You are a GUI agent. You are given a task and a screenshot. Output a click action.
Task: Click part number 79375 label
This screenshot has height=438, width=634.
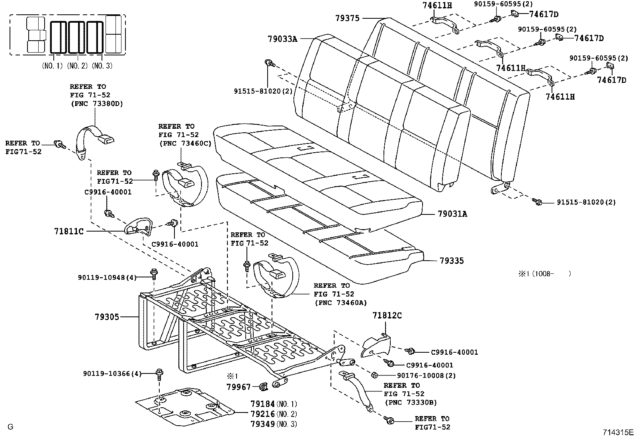[x=347, y=18]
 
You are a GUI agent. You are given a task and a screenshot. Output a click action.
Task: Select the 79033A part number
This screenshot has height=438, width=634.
[x=282, y=39]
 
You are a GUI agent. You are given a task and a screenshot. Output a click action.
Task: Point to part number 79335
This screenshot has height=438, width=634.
[x=452, y=261]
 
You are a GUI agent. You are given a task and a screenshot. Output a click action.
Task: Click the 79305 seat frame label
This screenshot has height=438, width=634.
[x=107, y=317]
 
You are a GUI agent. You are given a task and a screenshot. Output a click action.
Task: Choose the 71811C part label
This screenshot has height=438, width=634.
[x=69, y=231]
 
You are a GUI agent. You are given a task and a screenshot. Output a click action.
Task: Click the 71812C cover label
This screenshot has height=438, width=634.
[x=387, y=316]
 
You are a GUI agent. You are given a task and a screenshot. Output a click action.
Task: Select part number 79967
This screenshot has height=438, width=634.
[x=239, y=387]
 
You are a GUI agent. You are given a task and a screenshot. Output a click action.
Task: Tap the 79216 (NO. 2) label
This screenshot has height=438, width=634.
[x=263, y=414]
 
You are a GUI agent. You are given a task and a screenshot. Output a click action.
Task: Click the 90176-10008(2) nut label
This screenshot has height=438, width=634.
[x=426, y=375]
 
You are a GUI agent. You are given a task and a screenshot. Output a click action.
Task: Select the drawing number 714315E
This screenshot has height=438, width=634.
[x=617, y=432]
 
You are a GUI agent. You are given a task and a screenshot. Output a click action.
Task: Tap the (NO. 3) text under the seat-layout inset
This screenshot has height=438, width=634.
[x=102, y=66]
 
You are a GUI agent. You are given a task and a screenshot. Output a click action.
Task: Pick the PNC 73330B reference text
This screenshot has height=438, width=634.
[x=410, y=403]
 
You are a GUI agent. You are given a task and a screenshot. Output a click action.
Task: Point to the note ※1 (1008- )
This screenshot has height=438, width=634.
[x=544, y=273]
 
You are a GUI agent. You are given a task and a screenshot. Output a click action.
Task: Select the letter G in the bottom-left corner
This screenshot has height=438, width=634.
[x=10, y=427]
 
